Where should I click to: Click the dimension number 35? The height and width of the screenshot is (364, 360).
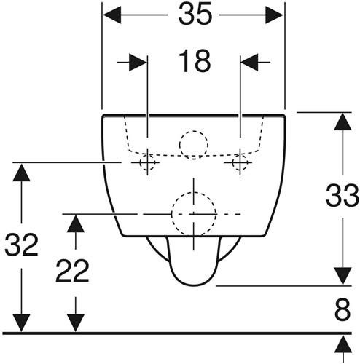coord(195,15)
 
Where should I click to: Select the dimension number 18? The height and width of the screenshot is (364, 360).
coord(195,61)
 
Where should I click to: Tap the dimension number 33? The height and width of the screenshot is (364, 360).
coord(342,195)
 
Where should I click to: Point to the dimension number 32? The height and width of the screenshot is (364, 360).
coord(21,245)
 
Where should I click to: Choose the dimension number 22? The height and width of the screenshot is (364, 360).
coord(72,271)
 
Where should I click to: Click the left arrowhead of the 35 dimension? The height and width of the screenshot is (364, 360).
coord(112,15)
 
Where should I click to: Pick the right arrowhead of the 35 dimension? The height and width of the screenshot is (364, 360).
coord(274,15)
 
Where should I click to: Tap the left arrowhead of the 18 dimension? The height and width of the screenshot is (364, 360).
coord(138,63)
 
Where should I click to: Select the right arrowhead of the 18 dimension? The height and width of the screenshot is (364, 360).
coord(249,63)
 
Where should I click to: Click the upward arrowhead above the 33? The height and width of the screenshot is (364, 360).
coord(343,122)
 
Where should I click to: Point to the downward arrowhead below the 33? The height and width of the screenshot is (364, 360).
coord(343,276)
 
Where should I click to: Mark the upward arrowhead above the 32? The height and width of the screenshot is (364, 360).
coord(21,173)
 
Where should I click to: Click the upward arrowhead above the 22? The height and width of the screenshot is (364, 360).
coord(76,223)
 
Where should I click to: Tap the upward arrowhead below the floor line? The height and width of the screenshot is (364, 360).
coord(343,344)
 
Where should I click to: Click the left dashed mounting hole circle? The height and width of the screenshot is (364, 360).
coord(140,162)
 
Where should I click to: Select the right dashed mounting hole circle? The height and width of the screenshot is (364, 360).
coord(232,162)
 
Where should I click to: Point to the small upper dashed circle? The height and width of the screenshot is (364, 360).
coord(179,145)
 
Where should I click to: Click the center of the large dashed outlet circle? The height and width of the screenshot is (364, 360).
coord(194,214)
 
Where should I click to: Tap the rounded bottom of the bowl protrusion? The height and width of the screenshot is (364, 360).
coord(194,285)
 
